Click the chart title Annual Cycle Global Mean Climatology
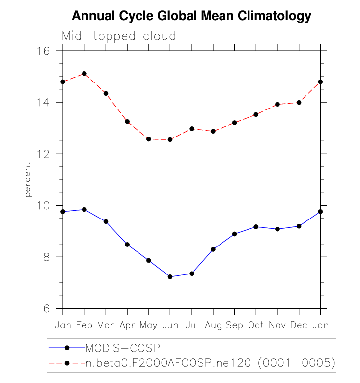[x=192, y=16]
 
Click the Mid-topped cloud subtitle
[x=118, y=36]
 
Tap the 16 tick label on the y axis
[x=50, y=51]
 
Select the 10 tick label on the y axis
[x=50, y=205]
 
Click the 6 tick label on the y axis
[x=52, y=308]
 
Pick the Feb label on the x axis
[x=84, y=325]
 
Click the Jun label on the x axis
[x=170, y=325]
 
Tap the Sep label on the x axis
[x=235, y=325]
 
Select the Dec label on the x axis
[x=299, y=325]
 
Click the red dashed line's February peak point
[x=84, y=74]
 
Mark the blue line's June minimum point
[x=170, y=277]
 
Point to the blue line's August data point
[x=213, y=249]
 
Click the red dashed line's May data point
[x=149, y=139]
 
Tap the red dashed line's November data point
[x=277, y=104]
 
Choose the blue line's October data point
[x=256, y=227]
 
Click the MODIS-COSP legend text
[x=123, y=348]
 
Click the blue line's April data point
[x=127, y=245]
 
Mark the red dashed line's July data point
[x=192, y=129]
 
